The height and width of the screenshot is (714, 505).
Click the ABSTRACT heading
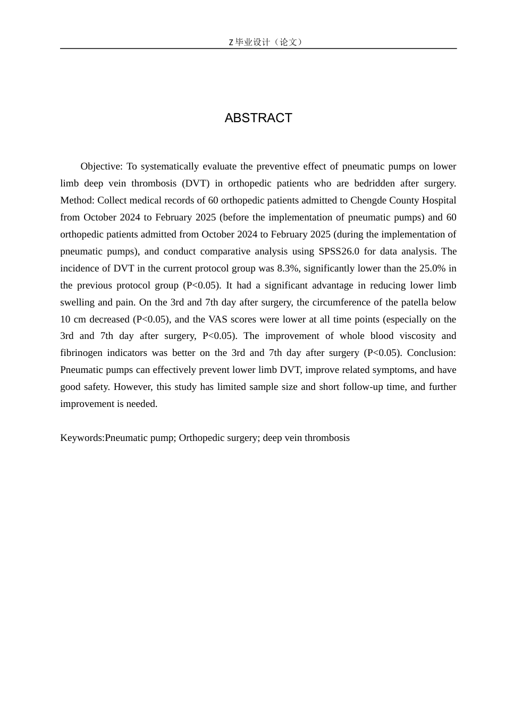coord(258,118)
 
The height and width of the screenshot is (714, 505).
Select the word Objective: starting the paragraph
coord(102,166)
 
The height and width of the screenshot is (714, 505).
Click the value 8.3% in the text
coord(289,268)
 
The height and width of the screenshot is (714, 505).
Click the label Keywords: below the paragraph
coord(82,438)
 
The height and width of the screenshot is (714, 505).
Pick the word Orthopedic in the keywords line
coord(203,438)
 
